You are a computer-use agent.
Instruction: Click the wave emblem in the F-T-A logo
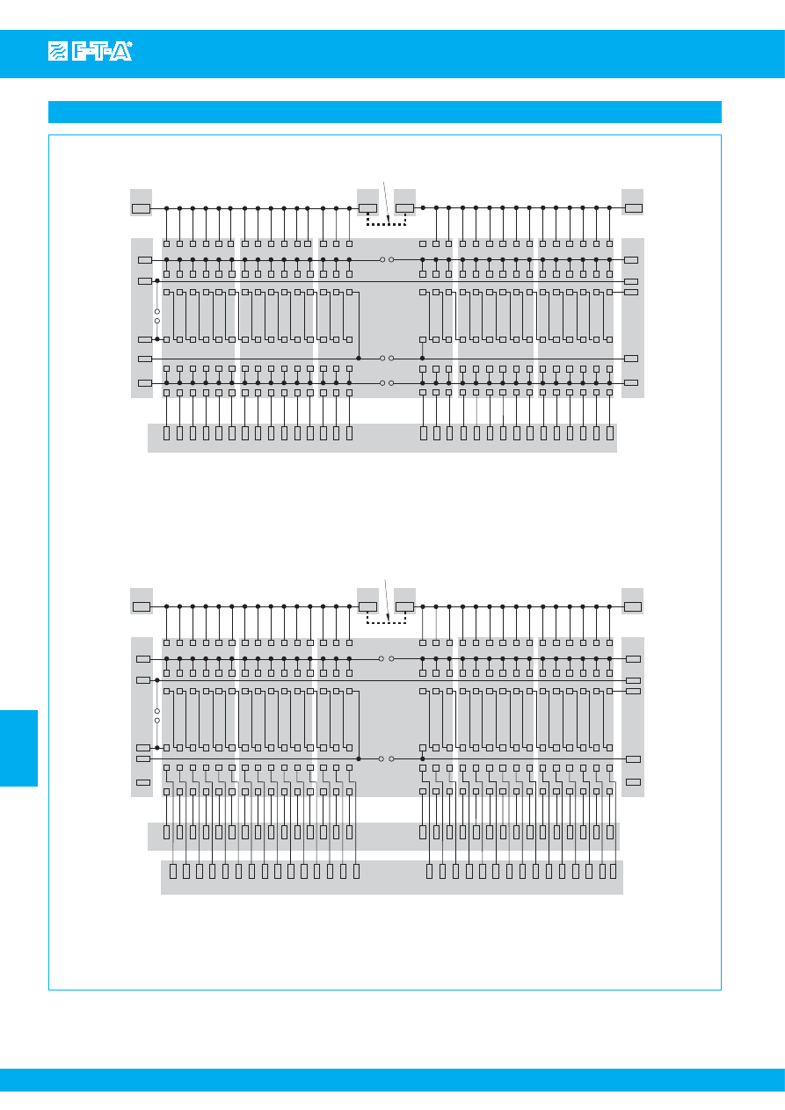click(58, 53)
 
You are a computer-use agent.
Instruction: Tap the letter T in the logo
click(99, 53)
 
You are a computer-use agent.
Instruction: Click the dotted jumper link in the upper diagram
click(386, 223)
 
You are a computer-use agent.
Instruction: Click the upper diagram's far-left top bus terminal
click(141, 208)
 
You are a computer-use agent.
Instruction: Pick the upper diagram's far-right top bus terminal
click(633, 208)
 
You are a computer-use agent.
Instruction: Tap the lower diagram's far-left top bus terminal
click(141, 606)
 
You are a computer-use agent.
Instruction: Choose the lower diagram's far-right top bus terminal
click(633, 606)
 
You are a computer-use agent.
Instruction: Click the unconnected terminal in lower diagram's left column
click(142, 781)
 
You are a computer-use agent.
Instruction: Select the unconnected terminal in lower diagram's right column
click(632, 781)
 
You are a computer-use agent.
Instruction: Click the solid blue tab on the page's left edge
click(18, 748)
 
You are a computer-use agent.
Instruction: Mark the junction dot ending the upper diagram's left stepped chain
click(359, 359)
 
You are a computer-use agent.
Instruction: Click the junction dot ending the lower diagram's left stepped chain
click(359, 758)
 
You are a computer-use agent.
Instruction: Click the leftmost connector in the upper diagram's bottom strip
click(166, 432)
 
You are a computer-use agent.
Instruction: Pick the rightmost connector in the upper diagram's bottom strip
click(609, 432)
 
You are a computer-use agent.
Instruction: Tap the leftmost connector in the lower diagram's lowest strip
click(173, 871)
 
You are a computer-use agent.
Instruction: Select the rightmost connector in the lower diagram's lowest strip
click(613, 871)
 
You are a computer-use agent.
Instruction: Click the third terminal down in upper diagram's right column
click(631, 292)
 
